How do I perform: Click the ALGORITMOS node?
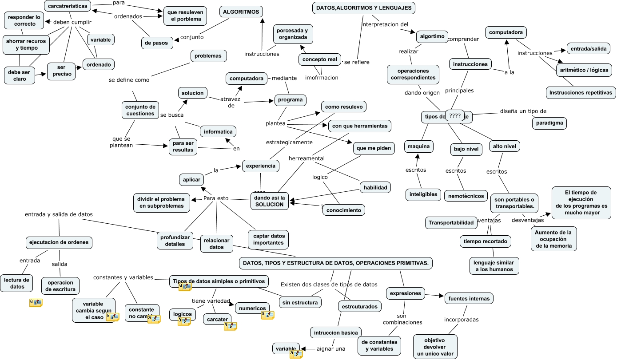pos(241,12)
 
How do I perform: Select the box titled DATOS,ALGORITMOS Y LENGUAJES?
pos(364,8)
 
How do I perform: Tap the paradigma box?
pos(549,123)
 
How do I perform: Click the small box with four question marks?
pos(454,116)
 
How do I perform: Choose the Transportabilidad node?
pos(451,222)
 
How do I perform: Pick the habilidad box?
pos(375,187)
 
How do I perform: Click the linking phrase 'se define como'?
pos(129,80)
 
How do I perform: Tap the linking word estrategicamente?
pos(289,142)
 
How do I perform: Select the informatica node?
pos(218,132)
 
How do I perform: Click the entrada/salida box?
pos(589,48)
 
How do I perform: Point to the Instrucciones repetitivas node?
pos(581,93)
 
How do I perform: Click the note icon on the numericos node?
pos(267,315)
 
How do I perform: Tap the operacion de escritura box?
pos(60,285)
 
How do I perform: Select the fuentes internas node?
pos(469,299)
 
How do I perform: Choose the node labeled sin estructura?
pos(300,303)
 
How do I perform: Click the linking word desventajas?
pos(527,220)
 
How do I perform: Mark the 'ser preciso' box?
pos(62,71)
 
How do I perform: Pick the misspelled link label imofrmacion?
pos(322,78)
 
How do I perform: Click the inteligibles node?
pos(423,194)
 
